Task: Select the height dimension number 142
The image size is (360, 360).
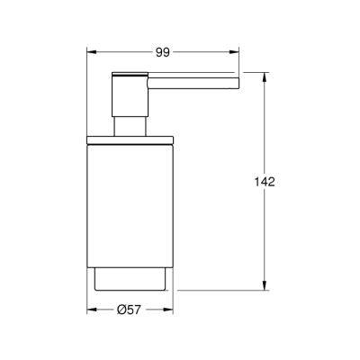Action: tap(264, 181)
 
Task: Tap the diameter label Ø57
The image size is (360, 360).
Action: tap(131, 312)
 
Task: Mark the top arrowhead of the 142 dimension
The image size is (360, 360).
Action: tap(265, 76)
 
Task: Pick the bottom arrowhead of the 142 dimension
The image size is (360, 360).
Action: tap(265, 289)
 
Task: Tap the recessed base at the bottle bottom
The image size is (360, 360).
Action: tap(130, 279)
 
